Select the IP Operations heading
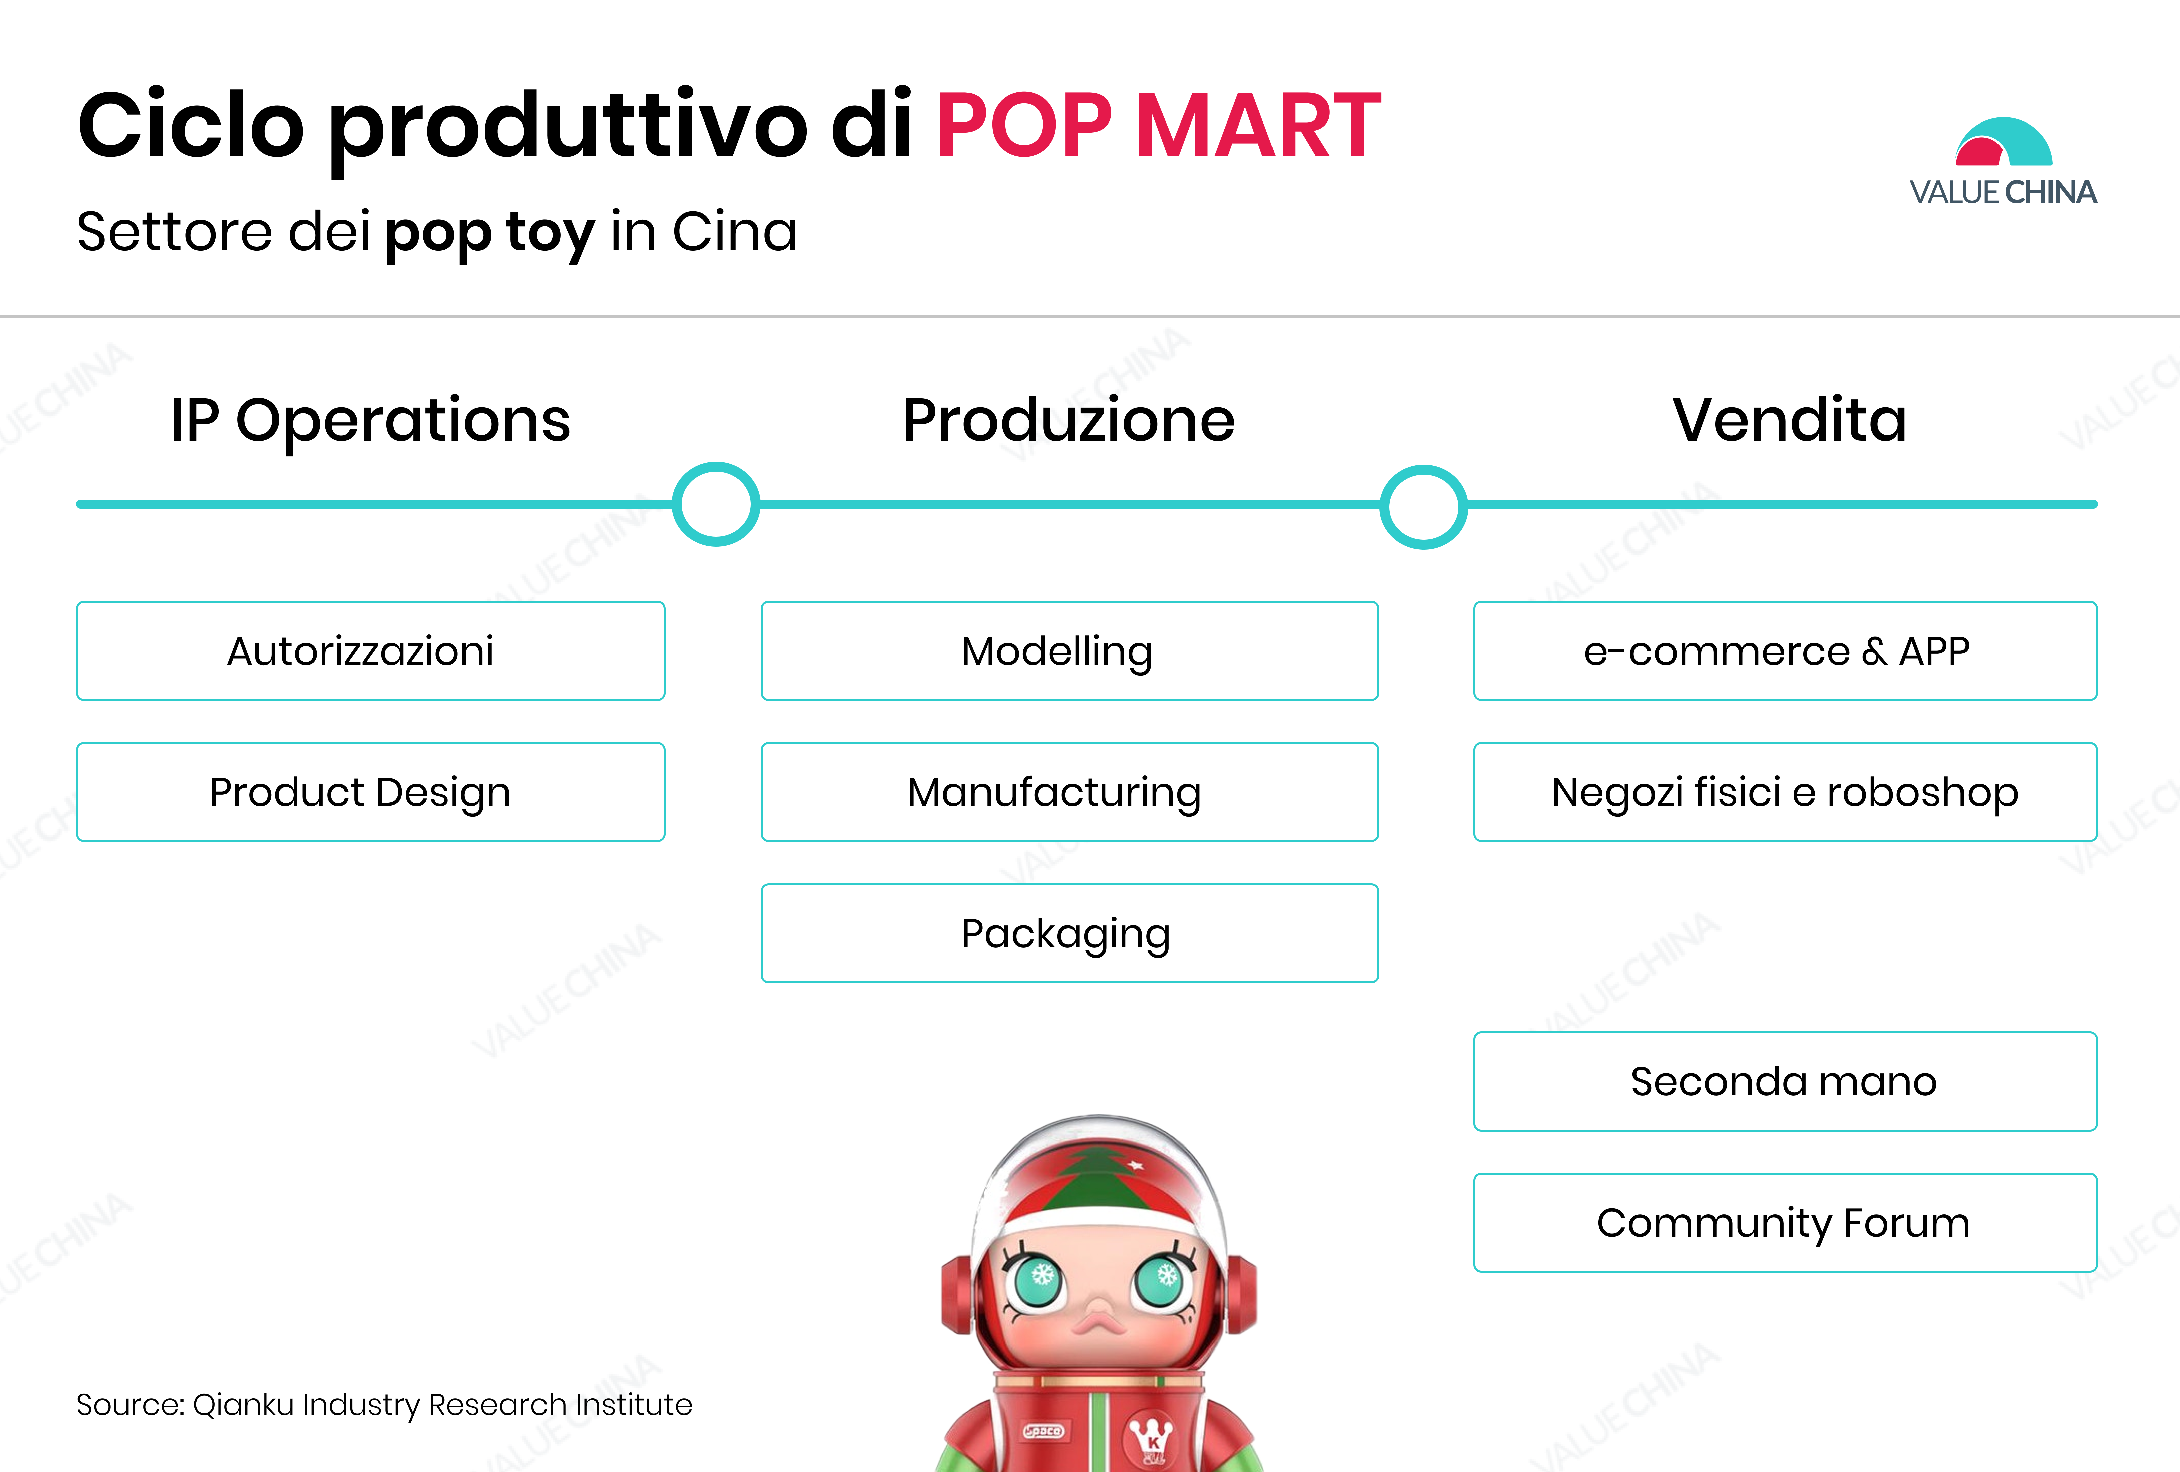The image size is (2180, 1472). pyautogui.click(x=371, y=420)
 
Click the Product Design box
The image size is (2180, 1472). pyautogui.click(x=371, y=792)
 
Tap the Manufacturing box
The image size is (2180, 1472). pyautogui.click(x=1069, y=792)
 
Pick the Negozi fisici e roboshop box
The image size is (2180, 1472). pyautogui.click(x=1785, y=792)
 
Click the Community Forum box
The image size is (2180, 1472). pyautogui.click(x=1785, y=1222)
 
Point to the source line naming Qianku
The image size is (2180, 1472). pyautogui.click(x=385, y=1405)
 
